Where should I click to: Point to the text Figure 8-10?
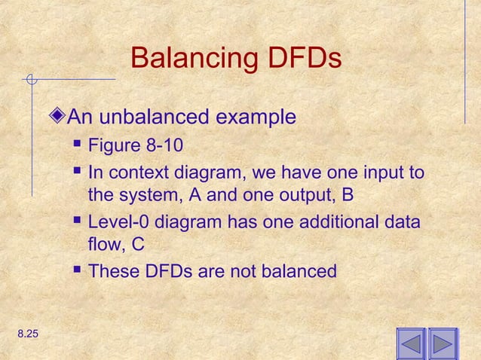pyautogui.click(x=135, y=145)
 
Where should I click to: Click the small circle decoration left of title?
pyautogui.click(x=31, y=78)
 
